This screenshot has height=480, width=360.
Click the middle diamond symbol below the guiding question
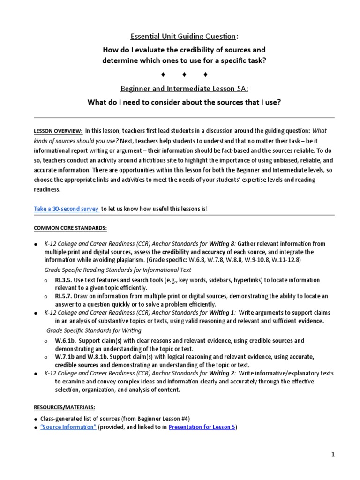185,75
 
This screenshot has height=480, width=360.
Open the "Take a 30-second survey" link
66,209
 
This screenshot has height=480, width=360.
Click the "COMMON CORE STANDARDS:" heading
70,228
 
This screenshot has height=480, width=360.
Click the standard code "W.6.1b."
66,341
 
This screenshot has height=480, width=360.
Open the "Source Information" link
68,427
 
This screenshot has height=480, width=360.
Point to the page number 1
332,454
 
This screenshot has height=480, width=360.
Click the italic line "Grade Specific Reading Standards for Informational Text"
118,270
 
